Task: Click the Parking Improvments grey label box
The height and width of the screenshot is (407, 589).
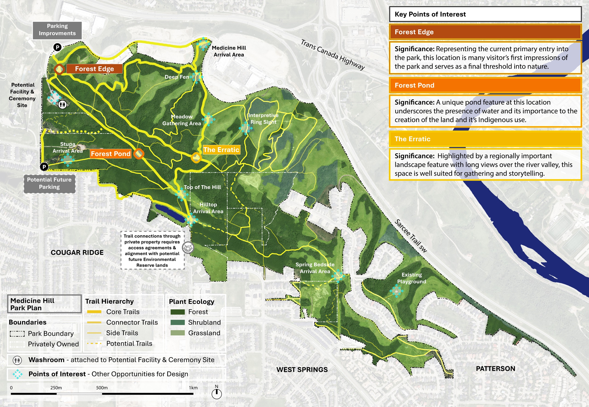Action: [x=57, y=30]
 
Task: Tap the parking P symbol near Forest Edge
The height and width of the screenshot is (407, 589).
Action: [x=57, y=47]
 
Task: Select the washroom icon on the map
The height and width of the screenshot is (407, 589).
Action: [x=63, y=104]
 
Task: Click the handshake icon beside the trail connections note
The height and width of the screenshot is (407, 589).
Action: [x=188, y=247]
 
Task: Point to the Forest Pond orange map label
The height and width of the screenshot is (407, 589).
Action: [x=111, y=154]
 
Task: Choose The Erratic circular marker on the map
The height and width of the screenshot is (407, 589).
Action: [x=196, y=158]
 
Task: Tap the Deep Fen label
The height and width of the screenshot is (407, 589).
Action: [x=177, y=77]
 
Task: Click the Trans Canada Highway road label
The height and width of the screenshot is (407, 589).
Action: [x=333, y=55]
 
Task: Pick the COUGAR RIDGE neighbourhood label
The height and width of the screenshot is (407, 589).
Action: [x=77, y=252]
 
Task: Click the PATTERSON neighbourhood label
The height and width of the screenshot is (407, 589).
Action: [x=495, y=369]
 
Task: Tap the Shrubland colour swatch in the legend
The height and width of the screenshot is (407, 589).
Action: [x=178, y=322]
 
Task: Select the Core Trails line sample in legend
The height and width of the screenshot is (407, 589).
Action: [x=94, y=312]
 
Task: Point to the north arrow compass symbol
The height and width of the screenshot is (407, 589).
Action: [x=217, y=393]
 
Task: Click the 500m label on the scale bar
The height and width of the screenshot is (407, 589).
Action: [x=102, y=388]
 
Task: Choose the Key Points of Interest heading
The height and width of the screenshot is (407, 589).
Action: [x=430, y=14]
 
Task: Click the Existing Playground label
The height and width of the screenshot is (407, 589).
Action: [x=411, y=278]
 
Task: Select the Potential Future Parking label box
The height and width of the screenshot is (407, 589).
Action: [x=49, y=183]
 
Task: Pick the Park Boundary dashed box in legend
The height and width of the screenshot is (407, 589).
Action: [x=17, y=334]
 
